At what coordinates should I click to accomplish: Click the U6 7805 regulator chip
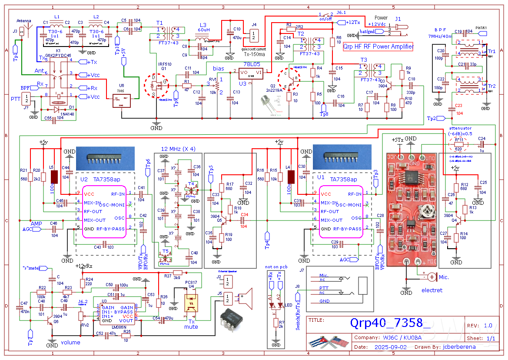(121, 101)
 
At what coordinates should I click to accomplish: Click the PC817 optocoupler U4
(191, 303)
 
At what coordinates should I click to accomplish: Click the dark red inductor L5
(55, 177)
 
